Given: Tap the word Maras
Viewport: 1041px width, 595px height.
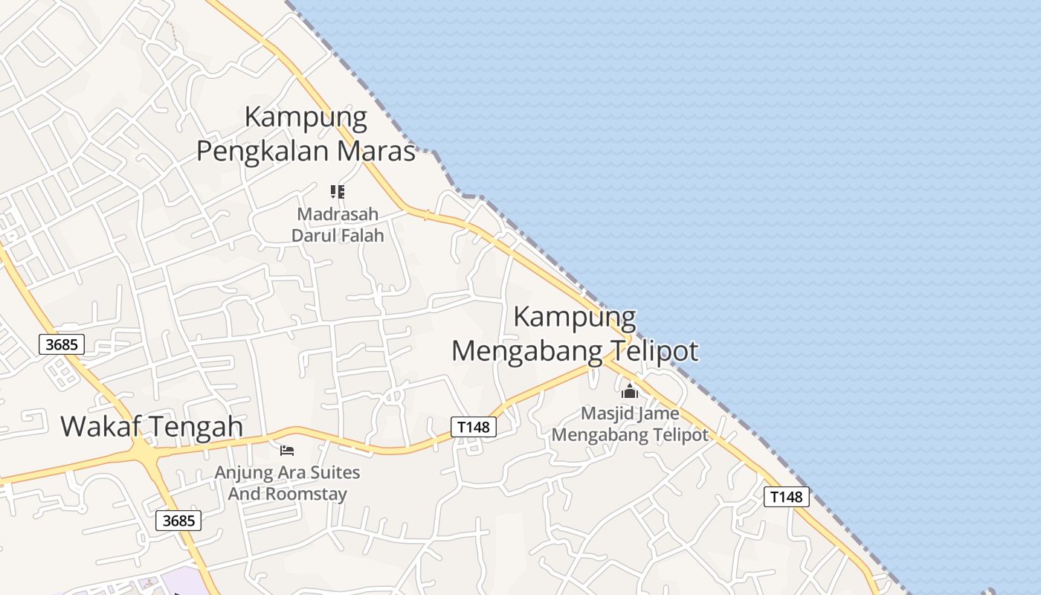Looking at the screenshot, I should click(376, 151).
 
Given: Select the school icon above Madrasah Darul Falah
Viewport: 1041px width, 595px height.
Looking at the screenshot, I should click(338, 192).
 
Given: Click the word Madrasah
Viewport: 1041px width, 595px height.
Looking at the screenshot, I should click(338, 214).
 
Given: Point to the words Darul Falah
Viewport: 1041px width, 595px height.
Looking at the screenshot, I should click(338, 236).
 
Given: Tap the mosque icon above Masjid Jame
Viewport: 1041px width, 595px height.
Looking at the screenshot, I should click(630, 390).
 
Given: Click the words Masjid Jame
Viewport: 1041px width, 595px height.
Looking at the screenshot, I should click(630, 414).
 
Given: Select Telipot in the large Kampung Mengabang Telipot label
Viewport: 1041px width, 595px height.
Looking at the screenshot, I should click(655, 350).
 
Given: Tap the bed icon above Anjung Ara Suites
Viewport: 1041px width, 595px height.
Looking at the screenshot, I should click(287, 450).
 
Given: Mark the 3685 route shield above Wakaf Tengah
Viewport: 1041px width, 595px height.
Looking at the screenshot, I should click(62, 344).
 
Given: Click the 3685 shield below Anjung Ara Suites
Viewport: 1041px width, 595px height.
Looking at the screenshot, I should click(178, 521).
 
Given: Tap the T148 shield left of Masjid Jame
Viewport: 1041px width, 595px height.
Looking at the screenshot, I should click(474, 427).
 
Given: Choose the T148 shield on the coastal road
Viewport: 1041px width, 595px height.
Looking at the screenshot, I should click(786, 497).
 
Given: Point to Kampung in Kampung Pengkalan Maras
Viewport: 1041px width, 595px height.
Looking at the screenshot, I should click(306, 118).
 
